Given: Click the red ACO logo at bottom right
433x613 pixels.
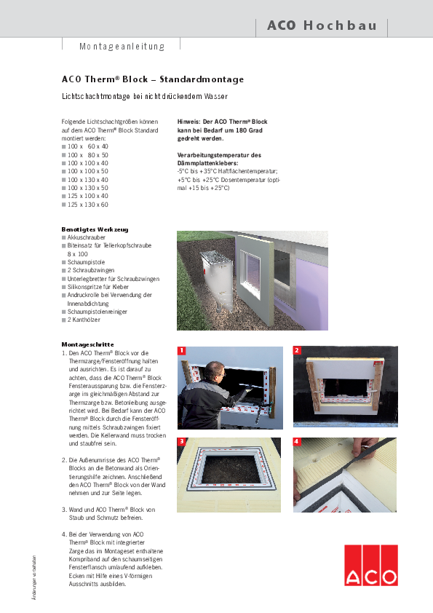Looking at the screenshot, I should pyautogui.click(x=371, y=565).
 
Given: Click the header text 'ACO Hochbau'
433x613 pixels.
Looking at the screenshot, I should pyautogui.click(x=322, y=25).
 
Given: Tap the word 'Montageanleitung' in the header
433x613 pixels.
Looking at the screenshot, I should pyautogui.click(x=122, y=47).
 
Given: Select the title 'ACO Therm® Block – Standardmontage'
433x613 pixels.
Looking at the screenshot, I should pyautogui.click(x=153, y=79).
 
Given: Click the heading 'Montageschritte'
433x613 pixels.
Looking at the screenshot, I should pyautogui.click(x=87, y=344).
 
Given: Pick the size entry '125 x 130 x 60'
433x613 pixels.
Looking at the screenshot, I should pyautogui.click(x=88, y=205).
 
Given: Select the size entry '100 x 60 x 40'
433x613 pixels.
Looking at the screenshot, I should pyautogui.click(x=88, y=146).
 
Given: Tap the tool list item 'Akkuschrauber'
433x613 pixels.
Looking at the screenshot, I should pyautogui.click(x=87, y=237).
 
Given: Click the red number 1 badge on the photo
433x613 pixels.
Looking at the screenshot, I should pyautogui.click(x=181, y=350).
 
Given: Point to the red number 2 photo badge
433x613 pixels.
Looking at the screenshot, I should pyautogui.click(x=297, y=350).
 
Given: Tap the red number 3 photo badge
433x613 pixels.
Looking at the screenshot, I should pyautogui.click(x=181, y=442).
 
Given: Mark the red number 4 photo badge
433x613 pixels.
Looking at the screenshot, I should pyautogui.click(x=297, y=442).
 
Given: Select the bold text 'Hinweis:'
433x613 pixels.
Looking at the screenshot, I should pyautogui.click(x=191, y=122).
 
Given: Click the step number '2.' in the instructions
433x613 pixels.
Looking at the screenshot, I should pyautogui.click(x=64, y=459).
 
